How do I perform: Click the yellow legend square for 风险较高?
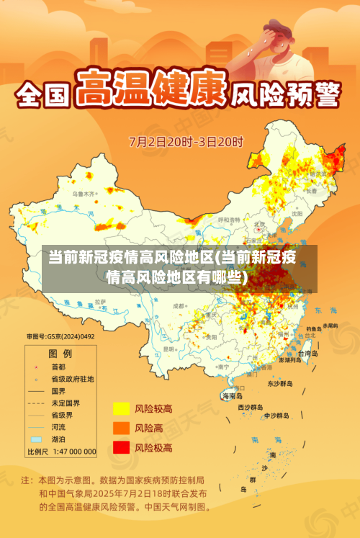click(x=121, y=409)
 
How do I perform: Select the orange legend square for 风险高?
click(x=121, y=428)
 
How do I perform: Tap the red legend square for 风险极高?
click(x=121, y=447)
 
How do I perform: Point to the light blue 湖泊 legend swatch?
click(x=36, y=439)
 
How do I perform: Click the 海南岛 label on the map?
click(x=232, y=396)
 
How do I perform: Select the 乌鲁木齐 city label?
click(x=84, y=194)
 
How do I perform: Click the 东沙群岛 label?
click(x=280, y=384)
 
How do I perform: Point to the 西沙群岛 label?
click(x=251, y=407)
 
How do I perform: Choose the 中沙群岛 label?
click(x=276, y=416)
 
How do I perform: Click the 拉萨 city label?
click(x=101, y=301)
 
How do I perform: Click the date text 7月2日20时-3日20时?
click(x=186, y=140)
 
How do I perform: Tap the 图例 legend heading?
click(x=60, y=354)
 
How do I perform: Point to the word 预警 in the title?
click(x=314, y=94)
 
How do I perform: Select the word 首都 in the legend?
click(x=58, y=366)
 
